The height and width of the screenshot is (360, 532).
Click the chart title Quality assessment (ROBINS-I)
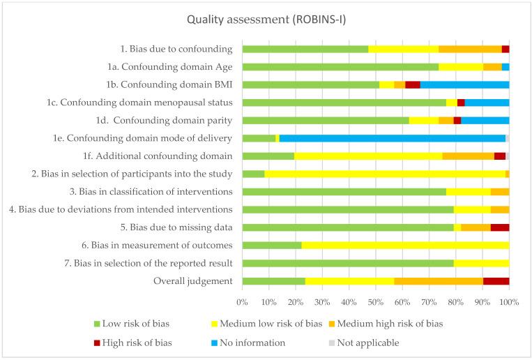tap(266, 20)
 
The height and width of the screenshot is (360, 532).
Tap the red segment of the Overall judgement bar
tap(496, 281)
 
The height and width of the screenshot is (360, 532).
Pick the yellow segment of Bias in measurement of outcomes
tap(405, 245)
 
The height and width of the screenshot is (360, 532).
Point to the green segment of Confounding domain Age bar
tap(340, 67)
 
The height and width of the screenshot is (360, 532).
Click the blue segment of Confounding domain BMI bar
tap(464, 84)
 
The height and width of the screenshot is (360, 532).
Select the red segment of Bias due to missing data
tap(499, 227)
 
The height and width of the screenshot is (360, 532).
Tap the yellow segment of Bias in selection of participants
tap(385, 174)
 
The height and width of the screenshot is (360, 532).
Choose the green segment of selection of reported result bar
tap(348, 263)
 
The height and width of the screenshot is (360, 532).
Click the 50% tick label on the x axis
tap(376, 302)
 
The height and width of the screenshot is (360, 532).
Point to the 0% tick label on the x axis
tap(242, 302)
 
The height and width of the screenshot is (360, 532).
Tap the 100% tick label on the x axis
tap(508, 302)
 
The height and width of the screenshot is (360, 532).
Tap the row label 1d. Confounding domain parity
tap(173, 120)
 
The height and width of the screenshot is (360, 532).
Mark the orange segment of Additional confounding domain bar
tap(468, 156)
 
